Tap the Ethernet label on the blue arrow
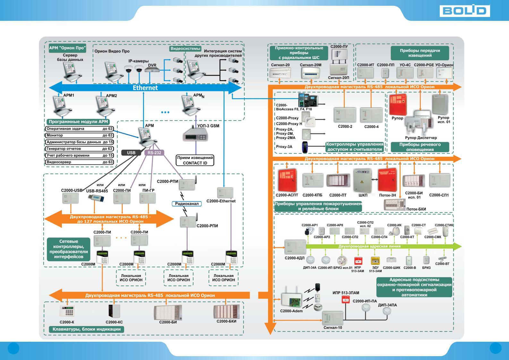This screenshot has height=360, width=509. [145, 88]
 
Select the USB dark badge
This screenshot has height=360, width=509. [131, 153]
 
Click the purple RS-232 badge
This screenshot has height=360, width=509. [154, 153]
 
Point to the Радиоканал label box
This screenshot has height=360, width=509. [187, 204]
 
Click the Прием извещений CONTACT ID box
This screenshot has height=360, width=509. [195, 160]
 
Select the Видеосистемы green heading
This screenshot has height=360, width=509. [185, 49]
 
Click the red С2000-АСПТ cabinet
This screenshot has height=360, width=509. [287, 180]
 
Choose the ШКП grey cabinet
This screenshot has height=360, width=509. [362, 181]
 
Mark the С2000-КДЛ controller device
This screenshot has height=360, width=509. [295, 247]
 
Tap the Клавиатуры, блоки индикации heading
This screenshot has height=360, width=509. [87, 329]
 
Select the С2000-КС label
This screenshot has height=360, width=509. [114, 322]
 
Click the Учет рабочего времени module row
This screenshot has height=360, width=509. [80, 155]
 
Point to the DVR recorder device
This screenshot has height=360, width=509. [152, 70]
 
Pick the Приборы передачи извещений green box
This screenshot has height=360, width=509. [420, 53]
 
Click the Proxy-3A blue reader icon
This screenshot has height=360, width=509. [305, 147]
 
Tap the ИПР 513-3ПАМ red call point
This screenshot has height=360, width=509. [345, 300]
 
